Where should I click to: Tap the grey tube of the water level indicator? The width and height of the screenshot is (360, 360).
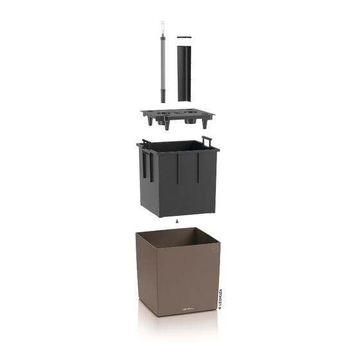(x=163, y=64)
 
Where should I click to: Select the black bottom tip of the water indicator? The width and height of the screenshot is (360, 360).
(x=163, y=96)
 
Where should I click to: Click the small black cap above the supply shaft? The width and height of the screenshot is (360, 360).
(x=184, y=36)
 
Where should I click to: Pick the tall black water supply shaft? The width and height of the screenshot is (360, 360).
(x=184, y=71)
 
